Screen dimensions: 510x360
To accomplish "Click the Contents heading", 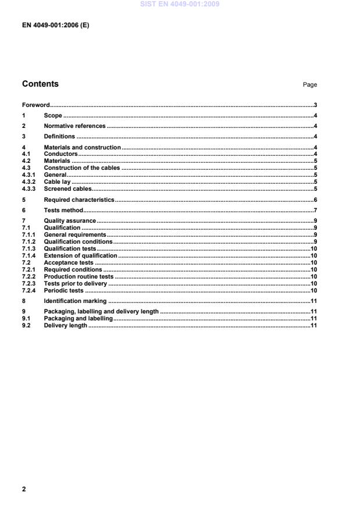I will tap(40, 84).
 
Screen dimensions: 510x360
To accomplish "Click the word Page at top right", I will tap(310, 85).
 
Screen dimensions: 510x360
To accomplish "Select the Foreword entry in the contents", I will tap(35, 105).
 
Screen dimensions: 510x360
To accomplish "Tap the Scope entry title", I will tap(53, 116).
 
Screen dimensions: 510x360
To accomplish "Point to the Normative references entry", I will tap(74, 126).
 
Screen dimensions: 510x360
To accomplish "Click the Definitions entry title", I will tap(59, 136).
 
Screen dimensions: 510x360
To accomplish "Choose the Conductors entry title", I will tap(61, 154).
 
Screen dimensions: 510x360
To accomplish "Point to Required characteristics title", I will tap(79, 199).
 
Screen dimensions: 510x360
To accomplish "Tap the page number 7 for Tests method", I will tap(315, 209).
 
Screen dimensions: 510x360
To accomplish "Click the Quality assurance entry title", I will tap(70, 222).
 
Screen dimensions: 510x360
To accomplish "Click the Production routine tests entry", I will tap(79, 277).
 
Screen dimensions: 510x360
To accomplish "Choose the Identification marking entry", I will tap(75, 301).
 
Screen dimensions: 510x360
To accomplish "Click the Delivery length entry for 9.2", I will tap(65, 326).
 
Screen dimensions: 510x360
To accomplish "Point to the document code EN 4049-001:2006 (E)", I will tap(56, 25).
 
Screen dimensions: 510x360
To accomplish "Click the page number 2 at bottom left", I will tap(24, 489).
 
